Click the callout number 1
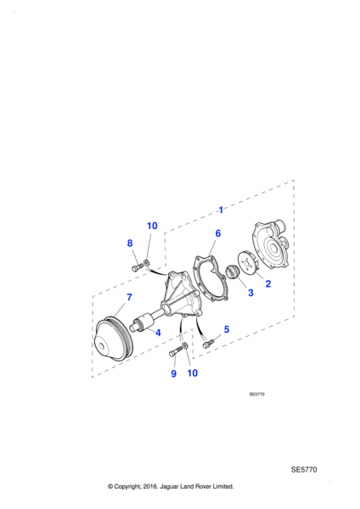(x=221, y=209)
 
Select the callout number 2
(x=268, y=283)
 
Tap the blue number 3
(x=250, y=294)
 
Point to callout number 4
(x=157, y=333)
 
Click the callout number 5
(x=226, y=329)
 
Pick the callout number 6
(x=217, y=233)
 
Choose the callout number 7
(x=129, y=297)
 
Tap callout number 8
(x=130, y=243)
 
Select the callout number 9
(x=173, y=373)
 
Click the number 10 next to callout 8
(x=152, y=226)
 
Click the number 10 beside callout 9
(x=192, y=373)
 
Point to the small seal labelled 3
(x=228, y=273)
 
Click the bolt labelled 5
(x=208, y=344)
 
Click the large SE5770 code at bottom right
(x=305, y=469)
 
